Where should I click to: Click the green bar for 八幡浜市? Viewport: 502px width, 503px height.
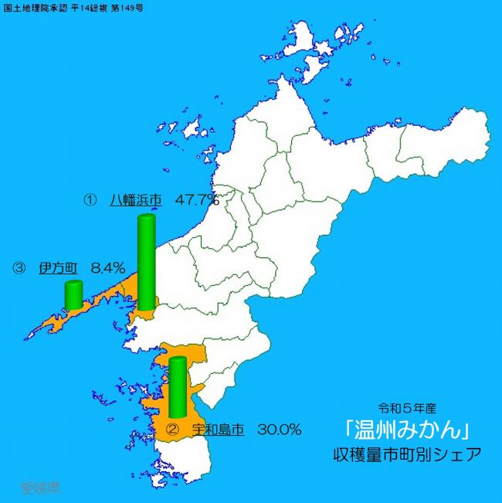[146, 263]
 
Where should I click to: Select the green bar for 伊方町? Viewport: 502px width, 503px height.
[73, 295]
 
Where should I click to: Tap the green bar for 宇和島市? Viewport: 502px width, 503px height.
[178, 389]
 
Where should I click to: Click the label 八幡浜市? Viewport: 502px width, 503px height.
[135, 199]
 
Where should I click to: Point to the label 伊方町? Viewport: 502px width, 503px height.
[57, 268]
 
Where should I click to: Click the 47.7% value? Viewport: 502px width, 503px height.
[197, 199]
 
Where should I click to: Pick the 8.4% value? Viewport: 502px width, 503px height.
[107, 268]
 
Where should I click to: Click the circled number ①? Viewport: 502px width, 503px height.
[90, 199]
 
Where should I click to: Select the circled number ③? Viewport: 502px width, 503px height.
[19, 268]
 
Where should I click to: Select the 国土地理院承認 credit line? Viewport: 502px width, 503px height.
[73, 6]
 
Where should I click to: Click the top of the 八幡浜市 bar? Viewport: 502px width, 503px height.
[146, 219]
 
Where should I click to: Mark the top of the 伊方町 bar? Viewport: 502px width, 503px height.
[73, 284]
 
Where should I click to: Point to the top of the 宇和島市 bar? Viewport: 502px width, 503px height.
[178, 360]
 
